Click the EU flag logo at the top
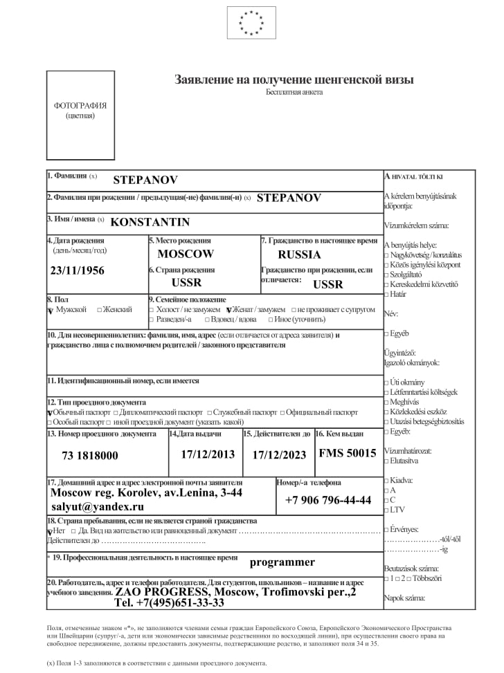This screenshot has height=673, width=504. coord(251,22)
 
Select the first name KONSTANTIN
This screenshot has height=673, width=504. coord(150,222)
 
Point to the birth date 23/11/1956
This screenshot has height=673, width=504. coord(78,270)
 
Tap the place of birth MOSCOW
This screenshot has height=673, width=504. coord(186,254)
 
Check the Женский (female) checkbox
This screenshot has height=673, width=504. coord(100,310)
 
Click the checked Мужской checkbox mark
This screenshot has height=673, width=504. coord(50,311)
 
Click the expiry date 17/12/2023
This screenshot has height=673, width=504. coord(278,455)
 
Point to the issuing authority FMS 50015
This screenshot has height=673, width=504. coord(348,454)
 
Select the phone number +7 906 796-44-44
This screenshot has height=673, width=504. coord(328,500)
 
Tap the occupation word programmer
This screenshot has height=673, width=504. coord(282,562)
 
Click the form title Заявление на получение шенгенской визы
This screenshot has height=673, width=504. coord(294,79)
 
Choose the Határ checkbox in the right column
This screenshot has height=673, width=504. coord(386,294)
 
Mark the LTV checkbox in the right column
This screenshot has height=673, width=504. coord(386,510)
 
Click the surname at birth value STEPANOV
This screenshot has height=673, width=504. coord(289,197)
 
